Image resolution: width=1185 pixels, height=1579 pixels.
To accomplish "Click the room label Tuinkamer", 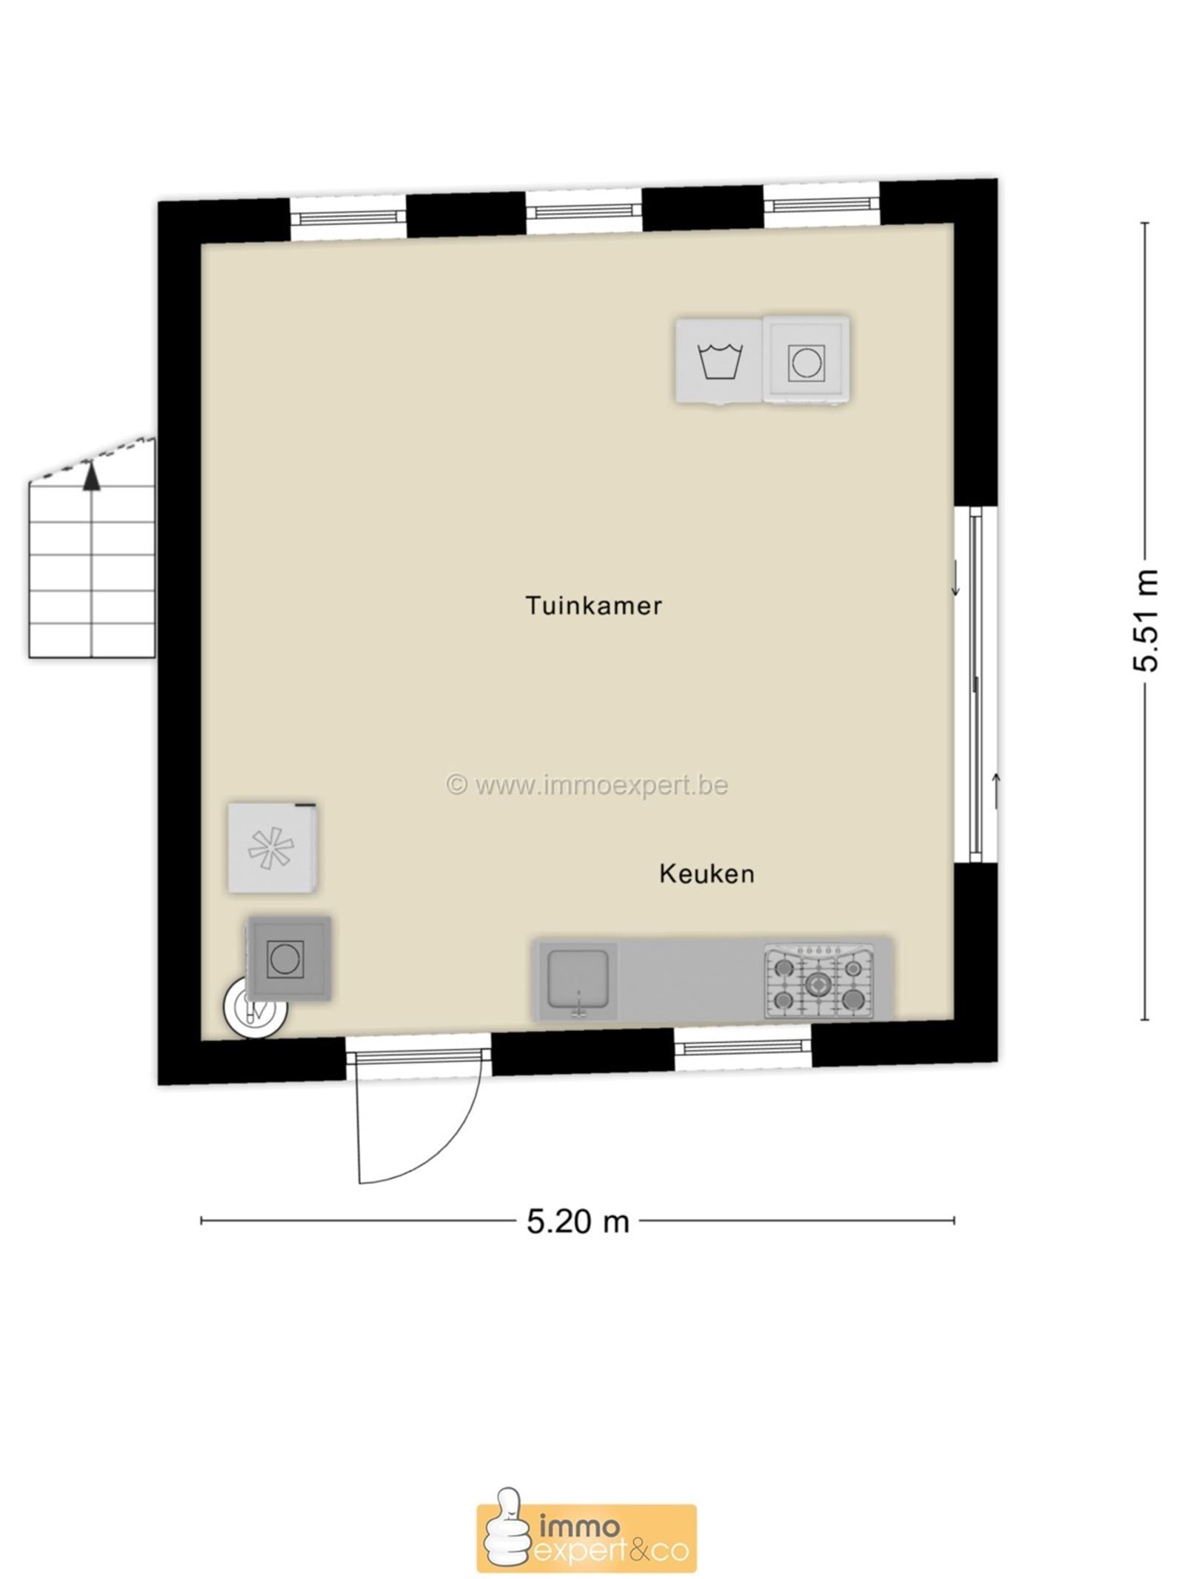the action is (593, 606).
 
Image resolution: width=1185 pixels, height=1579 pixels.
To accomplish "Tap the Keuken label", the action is (707, 874).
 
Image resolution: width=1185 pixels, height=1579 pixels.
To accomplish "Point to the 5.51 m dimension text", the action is (1145, 620).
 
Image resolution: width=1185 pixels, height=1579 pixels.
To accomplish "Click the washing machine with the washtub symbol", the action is (720, 361).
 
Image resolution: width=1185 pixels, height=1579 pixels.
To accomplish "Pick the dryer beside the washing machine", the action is (807, 361).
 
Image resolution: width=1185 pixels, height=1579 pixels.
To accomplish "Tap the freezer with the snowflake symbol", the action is (273, 847).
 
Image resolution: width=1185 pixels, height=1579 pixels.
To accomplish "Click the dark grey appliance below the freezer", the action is (289, 958).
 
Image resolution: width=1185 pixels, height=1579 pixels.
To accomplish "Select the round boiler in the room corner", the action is (253, 1007).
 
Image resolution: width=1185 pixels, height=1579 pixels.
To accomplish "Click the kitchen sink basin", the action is (578, 980).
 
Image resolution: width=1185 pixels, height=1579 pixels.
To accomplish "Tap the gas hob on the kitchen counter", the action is (819, 981).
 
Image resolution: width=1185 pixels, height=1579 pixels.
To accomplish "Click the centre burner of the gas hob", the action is (818, 984).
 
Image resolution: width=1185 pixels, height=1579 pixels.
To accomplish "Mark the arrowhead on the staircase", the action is (91, 475).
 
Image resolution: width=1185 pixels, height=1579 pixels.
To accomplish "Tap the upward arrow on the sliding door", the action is (996, 790).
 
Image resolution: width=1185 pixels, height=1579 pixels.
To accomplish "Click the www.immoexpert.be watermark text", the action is (587, 784).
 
